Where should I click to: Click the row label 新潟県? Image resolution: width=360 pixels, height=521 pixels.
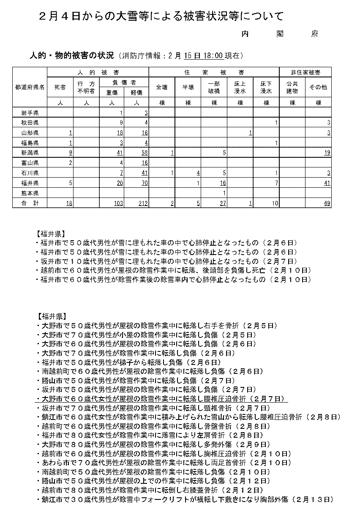coord(30,153)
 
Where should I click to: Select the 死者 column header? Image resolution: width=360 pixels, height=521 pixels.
coord(60,88)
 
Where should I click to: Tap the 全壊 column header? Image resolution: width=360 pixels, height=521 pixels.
coord(162,88)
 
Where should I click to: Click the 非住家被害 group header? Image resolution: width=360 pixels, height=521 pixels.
coord(305,72)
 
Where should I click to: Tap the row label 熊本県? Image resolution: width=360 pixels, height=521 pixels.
coord(30,193)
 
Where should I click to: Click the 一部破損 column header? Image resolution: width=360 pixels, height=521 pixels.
coord(214,88)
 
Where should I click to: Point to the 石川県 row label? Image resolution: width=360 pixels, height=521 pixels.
coord(30,173)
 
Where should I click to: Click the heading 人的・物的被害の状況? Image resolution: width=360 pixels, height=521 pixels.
coord(71,55)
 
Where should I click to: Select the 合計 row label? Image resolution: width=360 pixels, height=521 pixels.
coord(30,203)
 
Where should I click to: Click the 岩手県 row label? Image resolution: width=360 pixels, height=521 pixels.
coord(30,112)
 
